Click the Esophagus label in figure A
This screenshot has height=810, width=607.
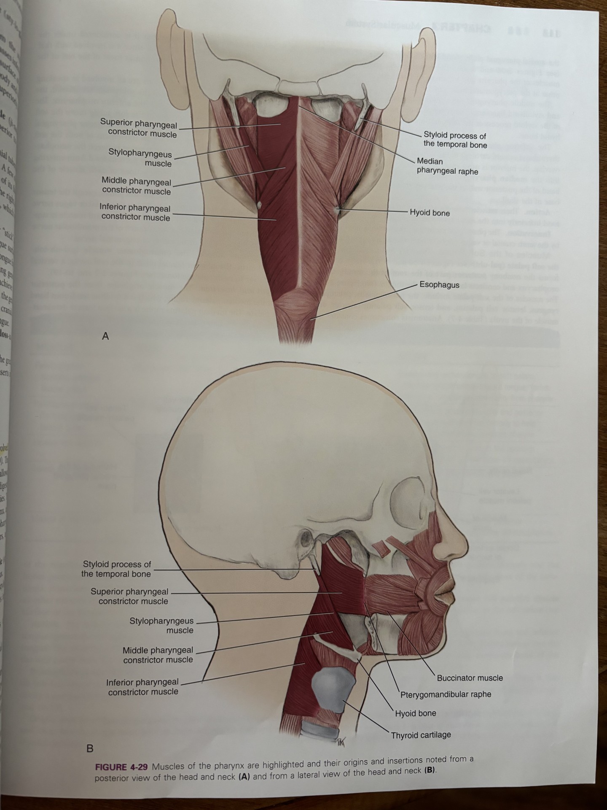[x=439, y=285]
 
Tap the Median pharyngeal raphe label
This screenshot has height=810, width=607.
[x=447, y=166]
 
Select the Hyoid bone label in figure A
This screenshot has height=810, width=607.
[x=430, y=213]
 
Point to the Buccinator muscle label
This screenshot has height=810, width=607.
[x=470, y=678]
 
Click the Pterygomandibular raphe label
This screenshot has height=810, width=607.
[x=446, y=694]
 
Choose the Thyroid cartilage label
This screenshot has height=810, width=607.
[x=421, y=735]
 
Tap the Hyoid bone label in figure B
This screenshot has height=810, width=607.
[x=415, y=713]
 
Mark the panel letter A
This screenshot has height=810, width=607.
[x=105, y=336]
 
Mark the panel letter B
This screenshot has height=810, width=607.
[x=89, y=749]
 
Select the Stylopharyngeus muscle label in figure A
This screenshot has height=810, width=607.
[x=140, y=158]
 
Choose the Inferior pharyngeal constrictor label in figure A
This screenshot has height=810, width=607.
[x=135, y=213]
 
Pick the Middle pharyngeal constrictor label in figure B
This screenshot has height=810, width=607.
[x=158, y=655]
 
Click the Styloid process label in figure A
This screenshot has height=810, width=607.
[x=455, y=140]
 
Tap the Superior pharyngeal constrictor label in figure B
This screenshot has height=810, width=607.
[x=129, y=596]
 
